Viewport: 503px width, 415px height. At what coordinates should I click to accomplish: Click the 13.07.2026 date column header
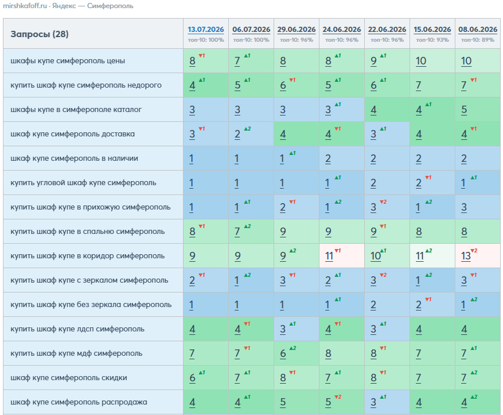(206, 30)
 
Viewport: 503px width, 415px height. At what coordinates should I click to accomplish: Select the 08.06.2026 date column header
(477, 30)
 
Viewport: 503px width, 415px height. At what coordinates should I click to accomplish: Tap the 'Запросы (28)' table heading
(39, 34)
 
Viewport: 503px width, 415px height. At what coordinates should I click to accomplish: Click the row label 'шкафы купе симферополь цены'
(68, 61)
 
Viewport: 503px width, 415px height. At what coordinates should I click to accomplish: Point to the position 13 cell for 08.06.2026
(466, 256)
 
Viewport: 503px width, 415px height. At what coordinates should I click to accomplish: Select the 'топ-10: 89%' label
(477, 40)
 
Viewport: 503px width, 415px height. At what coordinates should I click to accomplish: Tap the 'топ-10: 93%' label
(432, 40)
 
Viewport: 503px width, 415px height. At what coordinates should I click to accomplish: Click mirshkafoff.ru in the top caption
(25, 6)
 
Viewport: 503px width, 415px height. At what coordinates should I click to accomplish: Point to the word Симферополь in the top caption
(110, 6)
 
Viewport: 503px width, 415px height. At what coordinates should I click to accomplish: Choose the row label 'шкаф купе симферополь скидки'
(69, 377)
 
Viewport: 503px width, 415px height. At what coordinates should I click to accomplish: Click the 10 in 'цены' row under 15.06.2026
(421, 61)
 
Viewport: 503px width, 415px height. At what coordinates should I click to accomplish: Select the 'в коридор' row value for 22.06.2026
(375, 256)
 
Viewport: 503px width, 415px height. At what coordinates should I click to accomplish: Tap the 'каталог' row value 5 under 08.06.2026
(464, 110)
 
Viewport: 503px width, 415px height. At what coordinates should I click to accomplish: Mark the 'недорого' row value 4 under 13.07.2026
(192, 85)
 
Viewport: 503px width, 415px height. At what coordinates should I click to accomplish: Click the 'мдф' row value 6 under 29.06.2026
(283, 353)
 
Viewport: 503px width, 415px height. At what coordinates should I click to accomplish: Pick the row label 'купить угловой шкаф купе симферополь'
(84, 183)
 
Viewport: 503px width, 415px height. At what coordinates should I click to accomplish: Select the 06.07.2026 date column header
(251, 30)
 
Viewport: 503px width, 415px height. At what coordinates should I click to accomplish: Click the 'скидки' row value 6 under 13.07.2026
(192, 377)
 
